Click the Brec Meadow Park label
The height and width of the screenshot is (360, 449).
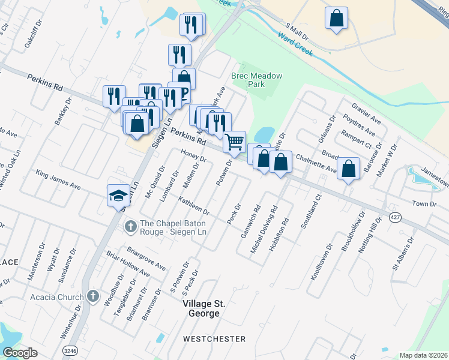256,80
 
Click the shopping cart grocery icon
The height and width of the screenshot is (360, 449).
234,142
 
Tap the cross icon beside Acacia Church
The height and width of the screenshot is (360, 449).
92,296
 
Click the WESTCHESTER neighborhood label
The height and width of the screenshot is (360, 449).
214,339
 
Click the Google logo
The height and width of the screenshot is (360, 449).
20,353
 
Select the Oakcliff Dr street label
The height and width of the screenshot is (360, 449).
32,35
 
